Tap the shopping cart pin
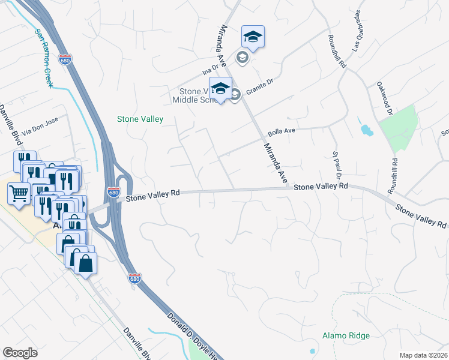point(19,194)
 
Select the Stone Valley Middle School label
point(197,95)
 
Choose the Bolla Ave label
point(282,131)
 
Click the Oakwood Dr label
point(384,98)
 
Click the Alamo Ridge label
point(346,335)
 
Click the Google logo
point(20,353)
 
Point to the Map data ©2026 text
point(424,355)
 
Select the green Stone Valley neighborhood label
point(140,119)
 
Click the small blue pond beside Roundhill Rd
point(364,129)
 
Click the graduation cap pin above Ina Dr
point(253,38)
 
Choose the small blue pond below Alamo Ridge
point(312,350)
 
